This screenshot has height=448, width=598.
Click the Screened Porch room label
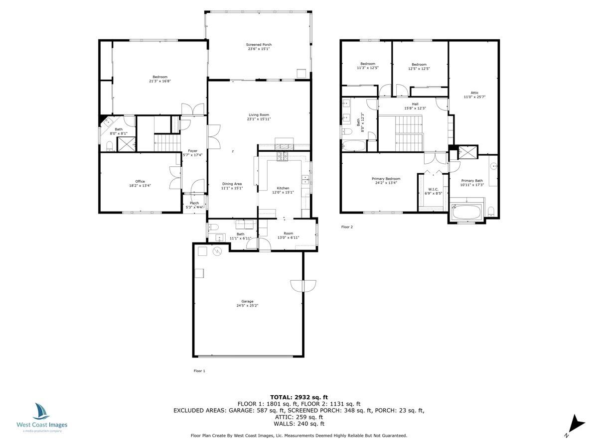(259, 45)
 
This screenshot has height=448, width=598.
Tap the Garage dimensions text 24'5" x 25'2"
(247, 306)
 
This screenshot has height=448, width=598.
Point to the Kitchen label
(283, 188)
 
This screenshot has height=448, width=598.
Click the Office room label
(140, 181)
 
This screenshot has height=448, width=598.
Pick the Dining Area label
(232, 184)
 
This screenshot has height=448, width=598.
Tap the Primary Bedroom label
(386, 179)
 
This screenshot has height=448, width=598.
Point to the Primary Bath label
(471, 181)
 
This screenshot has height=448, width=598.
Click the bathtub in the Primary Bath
(466, 212)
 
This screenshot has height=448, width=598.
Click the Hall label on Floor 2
(415, 104)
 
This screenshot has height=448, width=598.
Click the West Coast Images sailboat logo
(42, 412)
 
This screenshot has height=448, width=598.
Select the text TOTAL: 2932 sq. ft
(299, 397)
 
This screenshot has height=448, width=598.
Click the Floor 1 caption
(199, 371)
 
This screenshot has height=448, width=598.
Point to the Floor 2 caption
(347, 227)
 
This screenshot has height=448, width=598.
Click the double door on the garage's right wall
(302, 286)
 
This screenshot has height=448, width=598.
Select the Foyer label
(192, 151)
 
